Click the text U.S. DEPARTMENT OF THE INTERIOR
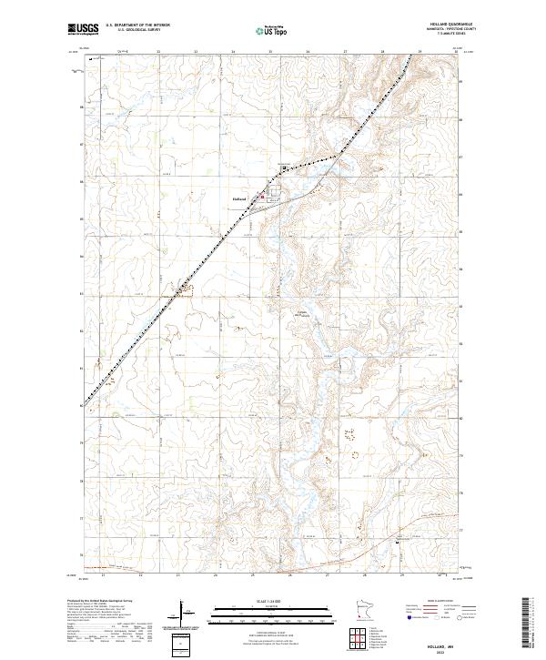coord(137,25)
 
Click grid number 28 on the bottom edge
coord(364,575)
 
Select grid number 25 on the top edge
coord(269,52)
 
